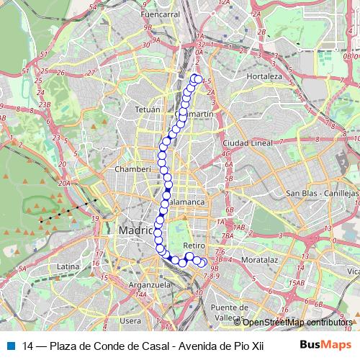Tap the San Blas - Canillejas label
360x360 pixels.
click(322, 194)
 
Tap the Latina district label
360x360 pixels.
click(67, 266)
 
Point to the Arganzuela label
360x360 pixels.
click(149, 284)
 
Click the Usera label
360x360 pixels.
click(131, 320)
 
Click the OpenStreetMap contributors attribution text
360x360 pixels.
click(299, 323)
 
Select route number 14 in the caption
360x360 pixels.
click(28, 345)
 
